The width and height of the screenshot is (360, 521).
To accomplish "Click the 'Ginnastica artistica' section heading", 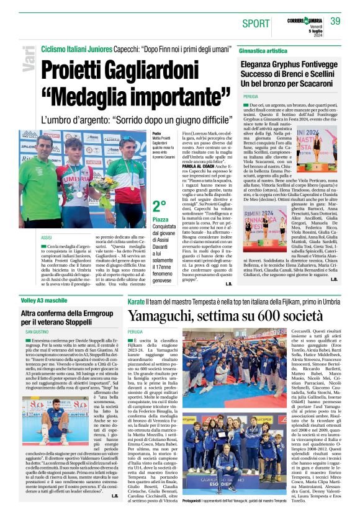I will click(269, 50).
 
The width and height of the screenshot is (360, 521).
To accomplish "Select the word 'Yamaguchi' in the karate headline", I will click(161, 316).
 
